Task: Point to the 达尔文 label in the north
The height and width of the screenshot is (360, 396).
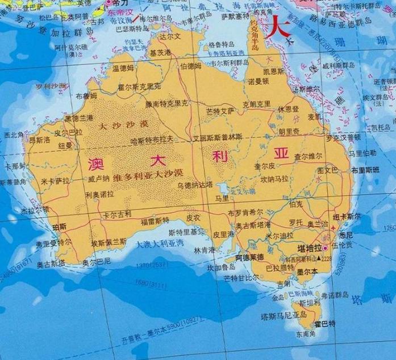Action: [x=170, y=36]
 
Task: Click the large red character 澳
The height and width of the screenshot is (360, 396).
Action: [x=96, y=162]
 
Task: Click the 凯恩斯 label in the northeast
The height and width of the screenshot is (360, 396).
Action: [x=273, y=71]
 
